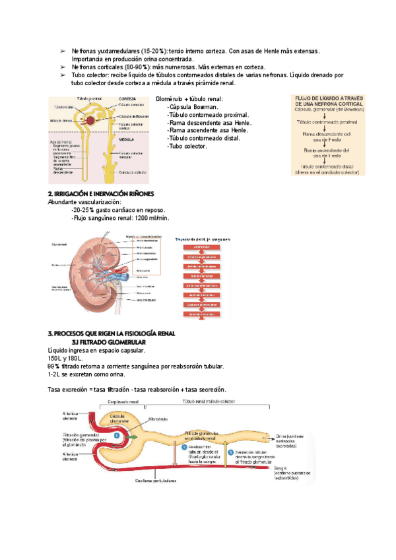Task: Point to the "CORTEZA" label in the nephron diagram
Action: tap(128, 98)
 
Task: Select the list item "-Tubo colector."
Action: tap(187, 146)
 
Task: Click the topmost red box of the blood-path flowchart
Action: tap(201, 247)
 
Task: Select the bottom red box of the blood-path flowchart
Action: tap(201, 314)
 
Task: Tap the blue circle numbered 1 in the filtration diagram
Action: tap(117, 435)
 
